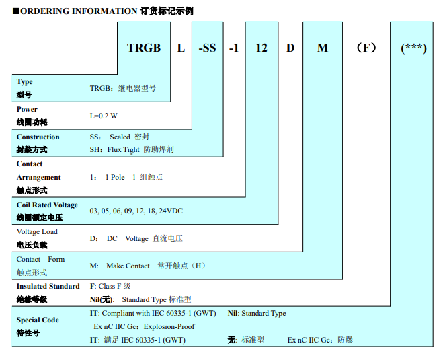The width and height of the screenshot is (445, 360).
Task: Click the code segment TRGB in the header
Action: [144, 48]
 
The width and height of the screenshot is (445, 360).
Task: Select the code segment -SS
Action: [207, 48]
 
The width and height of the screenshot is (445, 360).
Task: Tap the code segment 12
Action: [261, 48]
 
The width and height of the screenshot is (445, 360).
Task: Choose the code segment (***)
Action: [413, 48]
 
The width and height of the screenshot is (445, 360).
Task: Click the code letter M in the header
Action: [323, 48]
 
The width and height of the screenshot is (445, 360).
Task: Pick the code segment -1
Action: [234, 48]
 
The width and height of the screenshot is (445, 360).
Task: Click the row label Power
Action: [27, 109]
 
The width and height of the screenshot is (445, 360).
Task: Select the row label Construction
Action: [38, 137]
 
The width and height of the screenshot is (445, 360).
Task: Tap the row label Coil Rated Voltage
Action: [47, 205]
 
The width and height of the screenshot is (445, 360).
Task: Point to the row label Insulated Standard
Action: [48, 286]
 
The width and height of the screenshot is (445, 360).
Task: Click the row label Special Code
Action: [38, 320]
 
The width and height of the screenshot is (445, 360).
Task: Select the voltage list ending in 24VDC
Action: [136, 211]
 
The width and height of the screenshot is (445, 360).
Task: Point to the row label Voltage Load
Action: [37, 231]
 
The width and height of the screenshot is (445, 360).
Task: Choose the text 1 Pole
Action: [115, 177]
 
